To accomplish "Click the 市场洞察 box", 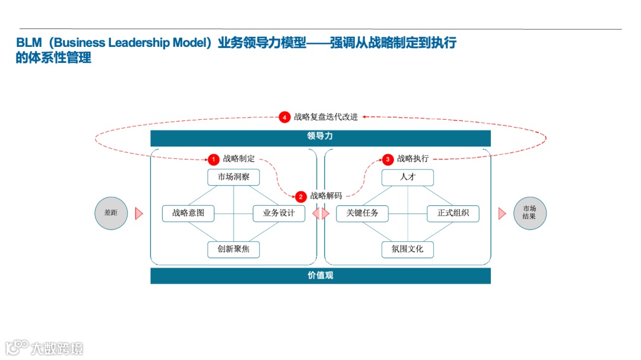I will tap(233, 177).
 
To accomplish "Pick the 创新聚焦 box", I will tap(233, 249).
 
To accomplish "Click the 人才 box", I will tap(408, 177).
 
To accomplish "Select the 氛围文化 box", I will tap(408, 249).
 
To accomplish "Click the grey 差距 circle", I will tap(111, 214).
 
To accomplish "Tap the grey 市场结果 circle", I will tap(529, 214).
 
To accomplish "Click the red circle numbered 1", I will tap(213, 160).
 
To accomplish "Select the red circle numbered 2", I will tap(301, 196).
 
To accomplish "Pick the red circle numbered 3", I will tap(388, 160).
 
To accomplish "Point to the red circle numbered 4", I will tap(285, 117).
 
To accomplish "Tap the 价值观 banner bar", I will tap(320, 276).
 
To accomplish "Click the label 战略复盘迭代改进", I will tap(326, 117).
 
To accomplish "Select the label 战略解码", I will tap(326, 196).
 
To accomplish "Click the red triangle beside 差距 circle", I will tap(139, 214).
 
